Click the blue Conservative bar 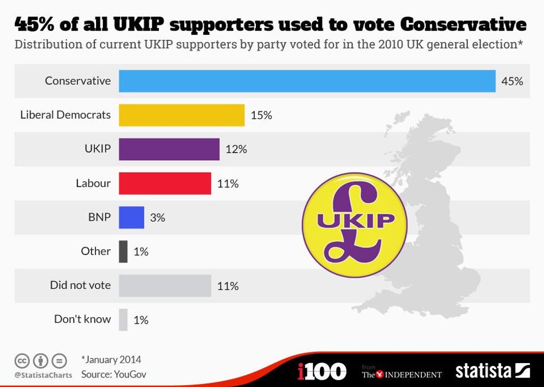[307, 81]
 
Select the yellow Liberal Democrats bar [182, 115]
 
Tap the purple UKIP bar [169, 149]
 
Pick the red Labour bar [165, 183]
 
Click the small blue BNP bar [132, 217]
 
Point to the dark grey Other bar [123, 251]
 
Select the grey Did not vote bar [165, 286]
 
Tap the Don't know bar [123, 319]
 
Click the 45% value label [512, 81]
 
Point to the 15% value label [261, 115]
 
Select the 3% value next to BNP [158, 217]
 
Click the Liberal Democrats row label [66, 115]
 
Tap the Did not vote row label [80, 285]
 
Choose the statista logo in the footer [492, 370]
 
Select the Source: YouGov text [114, 374]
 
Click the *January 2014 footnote [111, 359]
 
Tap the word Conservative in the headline [464, 24]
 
